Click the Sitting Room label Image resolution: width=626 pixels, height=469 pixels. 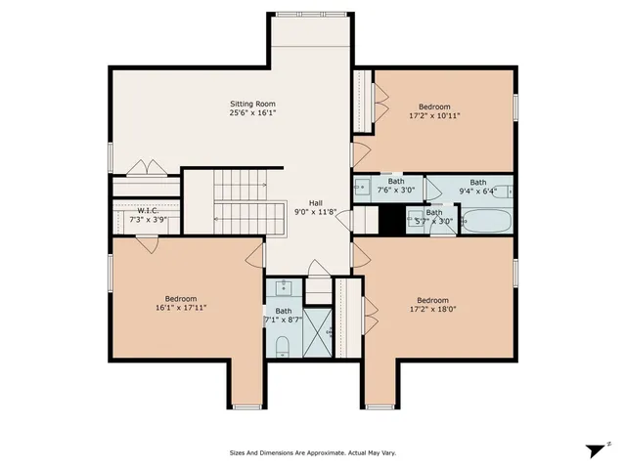coord(252,104)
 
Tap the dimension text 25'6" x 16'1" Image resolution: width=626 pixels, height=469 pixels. coord(252,113)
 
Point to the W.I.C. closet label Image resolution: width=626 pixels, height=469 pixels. coord(148,210)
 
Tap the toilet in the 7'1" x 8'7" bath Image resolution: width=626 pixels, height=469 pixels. coord(281,345)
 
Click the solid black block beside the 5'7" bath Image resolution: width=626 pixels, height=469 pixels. coord(391,221)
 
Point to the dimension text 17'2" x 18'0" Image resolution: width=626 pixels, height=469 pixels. coord(432,310)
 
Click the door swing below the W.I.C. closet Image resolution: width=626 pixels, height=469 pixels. coord(147,244)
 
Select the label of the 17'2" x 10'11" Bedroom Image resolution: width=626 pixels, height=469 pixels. coord(434,106)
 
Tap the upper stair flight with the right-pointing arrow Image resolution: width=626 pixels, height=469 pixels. coord(240,184)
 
